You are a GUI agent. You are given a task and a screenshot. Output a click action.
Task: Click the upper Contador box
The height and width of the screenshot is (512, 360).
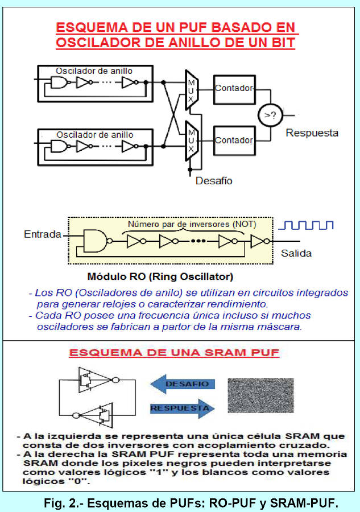coord(233,88)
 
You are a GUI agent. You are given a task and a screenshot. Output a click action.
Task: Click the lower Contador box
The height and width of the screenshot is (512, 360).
coord(233,140)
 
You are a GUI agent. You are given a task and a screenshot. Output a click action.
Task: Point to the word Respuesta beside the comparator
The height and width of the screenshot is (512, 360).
coord(312,133)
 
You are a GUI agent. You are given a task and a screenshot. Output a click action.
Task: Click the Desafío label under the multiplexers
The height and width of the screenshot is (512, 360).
coord(214,181)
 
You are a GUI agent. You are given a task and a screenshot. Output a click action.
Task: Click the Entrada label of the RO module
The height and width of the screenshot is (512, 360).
coord(42,234)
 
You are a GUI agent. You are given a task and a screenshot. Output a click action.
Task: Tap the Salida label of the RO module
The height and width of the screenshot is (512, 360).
coord(296,253)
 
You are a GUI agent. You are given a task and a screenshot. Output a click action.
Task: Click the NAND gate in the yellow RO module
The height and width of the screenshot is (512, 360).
coord(93,241)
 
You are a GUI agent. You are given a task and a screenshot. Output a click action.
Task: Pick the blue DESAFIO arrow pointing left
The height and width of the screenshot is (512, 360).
coord(183,384)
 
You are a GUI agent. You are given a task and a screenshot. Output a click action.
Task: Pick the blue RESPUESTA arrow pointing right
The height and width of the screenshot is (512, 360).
coord(183,407)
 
